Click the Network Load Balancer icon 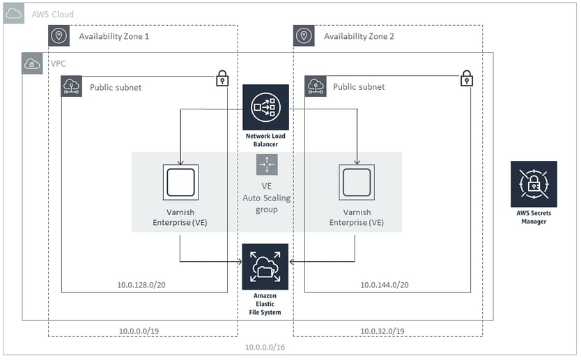coord(265,107)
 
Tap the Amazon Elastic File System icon coord(265,266)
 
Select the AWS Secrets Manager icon coord(534,184)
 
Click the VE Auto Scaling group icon coord(267,164)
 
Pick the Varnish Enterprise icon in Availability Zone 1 coord(180,182)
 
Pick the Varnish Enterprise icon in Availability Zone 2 coord(357,182)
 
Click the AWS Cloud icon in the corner coord(14,13)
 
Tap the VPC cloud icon coord(32,63)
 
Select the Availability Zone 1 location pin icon coord(59,36)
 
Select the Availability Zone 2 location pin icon coord(304,36)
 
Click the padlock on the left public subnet coord(222,78)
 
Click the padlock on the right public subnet coord(466,78)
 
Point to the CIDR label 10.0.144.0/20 coord(385,285)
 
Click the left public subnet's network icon coord(72,86)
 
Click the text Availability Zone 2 coord(359,36)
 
